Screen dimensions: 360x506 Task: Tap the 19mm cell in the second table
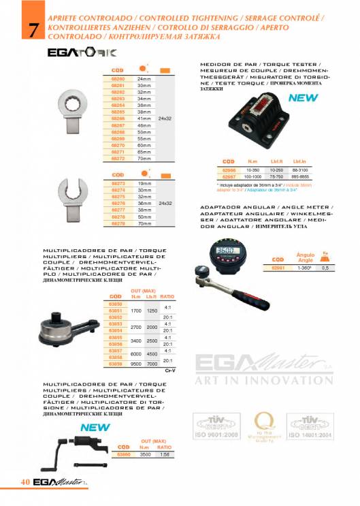(144, 184)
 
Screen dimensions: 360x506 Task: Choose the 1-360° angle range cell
(306, 268)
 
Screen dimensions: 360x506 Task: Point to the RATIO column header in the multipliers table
(167, 296)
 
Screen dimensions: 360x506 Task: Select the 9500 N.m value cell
(136, 364)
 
